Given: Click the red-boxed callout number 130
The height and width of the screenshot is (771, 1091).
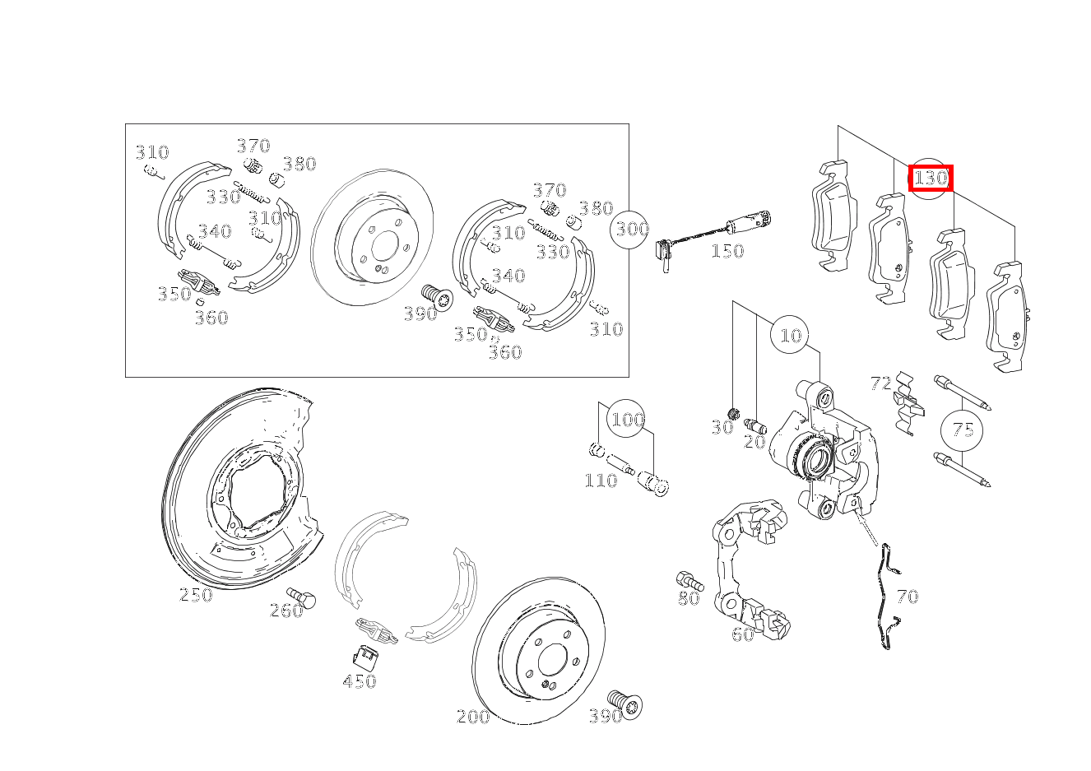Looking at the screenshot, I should (931, 178).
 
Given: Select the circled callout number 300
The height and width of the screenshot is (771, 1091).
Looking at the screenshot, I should (631, 230).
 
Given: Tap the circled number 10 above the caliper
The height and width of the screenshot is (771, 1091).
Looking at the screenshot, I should (790, 336).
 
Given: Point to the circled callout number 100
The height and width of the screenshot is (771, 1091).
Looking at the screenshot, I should (627, 420).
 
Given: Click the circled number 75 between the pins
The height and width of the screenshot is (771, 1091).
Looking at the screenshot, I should (962, 430).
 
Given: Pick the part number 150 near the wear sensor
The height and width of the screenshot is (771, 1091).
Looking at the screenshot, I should (727, 251).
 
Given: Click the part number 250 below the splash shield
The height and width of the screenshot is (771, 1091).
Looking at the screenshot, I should (196, 595).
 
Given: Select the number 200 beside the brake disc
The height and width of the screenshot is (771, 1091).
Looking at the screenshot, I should (473, 717).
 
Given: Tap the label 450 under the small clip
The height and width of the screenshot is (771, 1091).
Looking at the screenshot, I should (360, 681).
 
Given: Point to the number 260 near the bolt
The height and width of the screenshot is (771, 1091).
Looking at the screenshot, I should (286, 611).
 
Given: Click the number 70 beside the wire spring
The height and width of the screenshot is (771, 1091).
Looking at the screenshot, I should (907, 597).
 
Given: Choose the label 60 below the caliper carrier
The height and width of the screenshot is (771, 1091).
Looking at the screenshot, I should (742, 634).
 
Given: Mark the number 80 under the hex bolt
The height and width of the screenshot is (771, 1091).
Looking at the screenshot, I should (689, 599).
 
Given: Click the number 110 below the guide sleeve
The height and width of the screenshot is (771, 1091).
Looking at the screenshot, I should (601, 481).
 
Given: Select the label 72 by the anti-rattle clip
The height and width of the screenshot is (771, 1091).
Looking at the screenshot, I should (880, 383).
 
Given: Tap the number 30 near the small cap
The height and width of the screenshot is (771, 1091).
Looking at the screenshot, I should (722, 428).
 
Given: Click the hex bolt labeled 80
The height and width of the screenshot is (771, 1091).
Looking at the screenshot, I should (688, 579).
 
